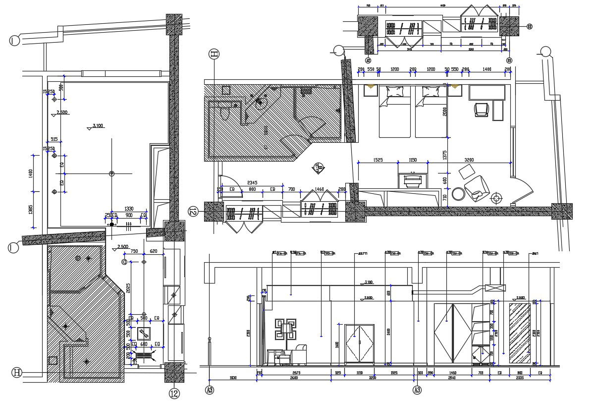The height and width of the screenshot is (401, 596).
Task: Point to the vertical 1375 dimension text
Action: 445,155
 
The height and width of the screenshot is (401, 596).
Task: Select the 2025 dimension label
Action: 128,288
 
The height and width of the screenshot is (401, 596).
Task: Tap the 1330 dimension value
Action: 129,209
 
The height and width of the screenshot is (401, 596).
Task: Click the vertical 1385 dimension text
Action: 31,210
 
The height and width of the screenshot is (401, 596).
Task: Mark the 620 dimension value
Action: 154,252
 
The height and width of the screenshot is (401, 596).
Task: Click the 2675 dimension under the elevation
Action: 296,372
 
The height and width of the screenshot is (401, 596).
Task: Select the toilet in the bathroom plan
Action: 226,114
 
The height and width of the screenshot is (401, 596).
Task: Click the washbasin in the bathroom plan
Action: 260,103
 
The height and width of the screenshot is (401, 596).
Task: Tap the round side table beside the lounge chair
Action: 458,193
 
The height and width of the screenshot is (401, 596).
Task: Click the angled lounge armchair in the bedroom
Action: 477,188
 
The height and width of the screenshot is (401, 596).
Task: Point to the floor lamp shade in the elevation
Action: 287,328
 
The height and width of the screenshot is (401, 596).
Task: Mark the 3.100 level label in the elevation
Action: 368,282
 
